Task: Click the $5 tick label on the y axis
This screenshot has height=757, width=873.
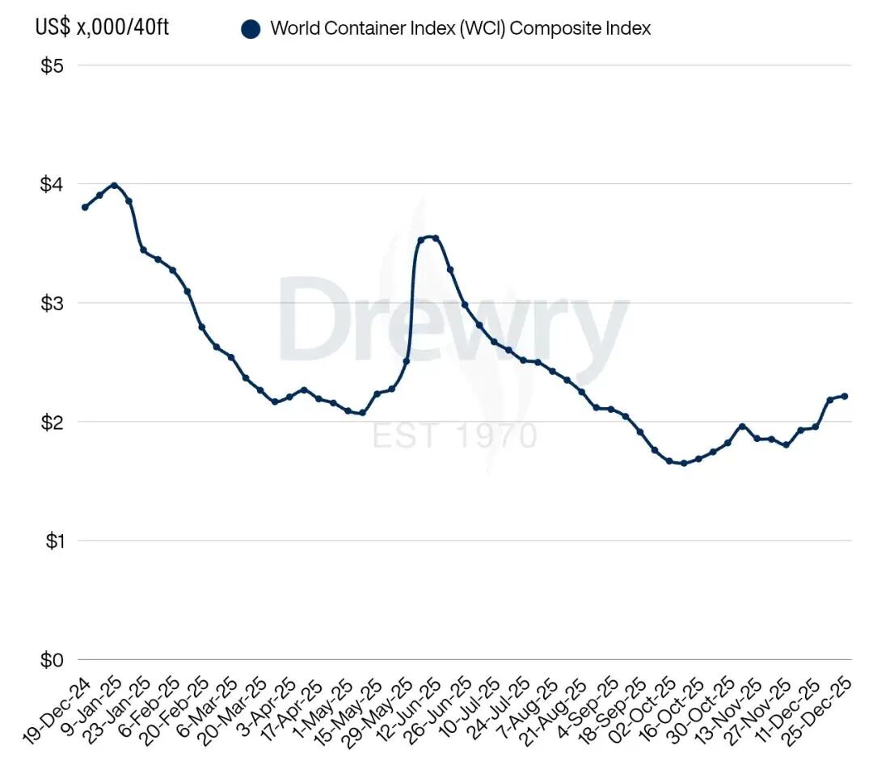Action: [x=52, y=65]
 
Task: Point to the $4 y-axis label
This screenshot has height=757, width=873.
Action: [x=52, y=184]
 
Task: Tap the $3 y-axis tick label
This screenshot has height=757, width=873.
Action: [x=52, y=303]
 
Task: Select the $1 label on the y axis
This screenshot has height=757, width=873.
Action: [x=52, y=540]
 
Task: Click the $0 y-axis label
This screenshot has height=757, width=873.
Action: [x=52, y=659]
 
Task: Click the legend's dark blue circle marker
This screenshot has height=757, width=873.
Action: [x=251, y=29]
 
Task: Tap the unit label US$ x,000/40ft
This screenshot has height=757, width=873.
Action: [x=103, y=27]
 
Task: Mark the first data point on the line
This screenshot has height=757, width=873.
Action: [x=85, y=207]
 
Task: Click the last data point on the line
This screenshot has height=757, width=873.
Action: [x=845, y=396]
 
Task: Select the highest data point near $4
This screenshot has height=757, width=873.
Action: [x=114, y=185]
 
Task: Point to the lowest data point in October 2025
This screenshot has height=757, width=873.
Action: [x=684, y=463]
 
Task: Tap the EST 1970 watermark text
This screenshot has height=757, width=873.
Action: [x=454, y=435]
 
